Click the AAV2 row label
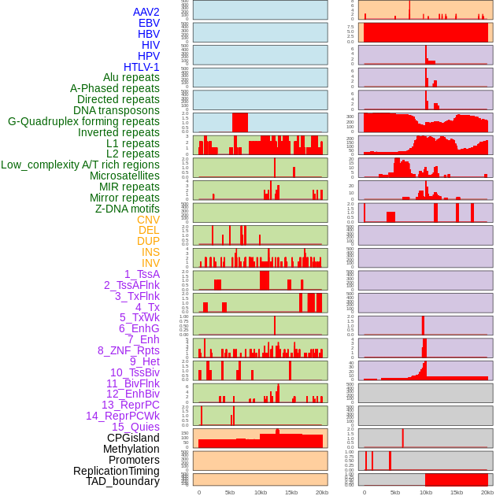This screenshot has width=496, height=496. click(146, 12)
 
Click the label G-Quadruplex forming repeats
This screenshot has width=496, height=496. click(83, 121)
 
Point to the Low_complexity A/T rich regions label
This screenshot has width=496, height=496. click(80, 165)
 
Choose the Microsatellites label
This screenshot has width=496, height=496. click(124, 176)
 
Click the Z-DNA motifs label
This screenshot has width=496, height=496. click(127, 209)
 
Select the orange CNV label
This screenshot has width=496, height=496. click(148, 220)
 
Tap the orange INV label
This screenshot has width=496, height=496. click(150, 263)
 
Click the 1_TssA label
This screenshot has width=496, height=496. click(142, 274)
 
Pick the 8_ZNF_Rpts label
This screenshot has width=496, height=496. click(128, 350)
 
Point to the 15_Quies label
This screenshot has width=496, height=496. click(135, 427)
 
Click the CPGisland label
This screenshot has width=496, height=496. click(133, 438)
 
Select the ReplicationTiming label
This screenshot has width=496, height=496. click(116, 471)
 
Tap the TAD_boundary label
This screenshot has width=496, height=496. click(123, 481)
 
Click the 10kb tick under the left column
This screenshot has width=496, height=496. click(261, 492)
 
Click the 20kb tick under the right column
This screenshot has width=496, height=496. click(487, 492)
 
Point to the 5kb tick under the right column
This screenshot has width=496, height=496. click(395, 492)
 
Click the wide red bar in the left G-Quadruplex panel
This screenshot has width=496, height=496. click(240, 123)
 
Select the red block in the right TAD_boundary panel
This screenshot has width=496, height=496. click(457, 479)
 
